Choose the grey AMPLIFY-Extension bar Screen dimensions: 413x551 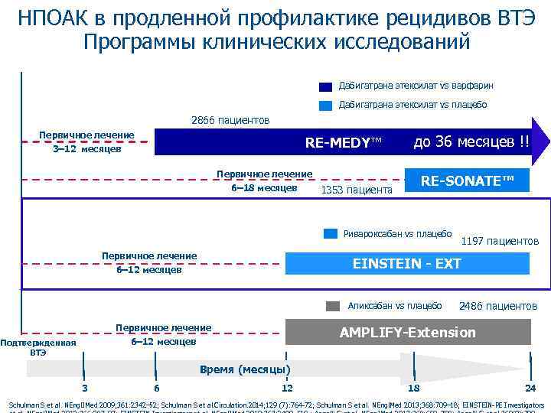407,332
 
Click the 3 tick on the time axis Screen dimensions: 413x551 84,387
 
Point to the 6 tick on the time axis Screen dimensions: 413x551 156,387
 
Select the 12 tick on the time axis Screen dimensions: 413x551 287,388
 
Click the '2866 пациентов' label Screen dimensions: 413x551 230,121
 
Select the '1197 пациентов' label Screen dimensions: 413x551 500,242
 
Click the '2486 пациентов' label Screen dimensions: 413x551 498,306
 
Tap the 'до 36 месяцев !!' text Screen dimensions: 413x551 471,141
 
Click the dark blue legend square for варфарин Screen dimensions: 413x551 325,87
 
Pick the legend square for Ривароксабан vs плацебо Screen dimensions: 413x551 330,233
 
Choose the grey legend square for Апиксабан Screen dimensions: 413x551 332,306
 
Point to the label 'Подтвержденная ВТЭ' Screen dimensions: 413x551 38,348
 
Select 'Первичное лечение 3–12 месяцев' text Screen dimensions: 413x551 86,142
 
